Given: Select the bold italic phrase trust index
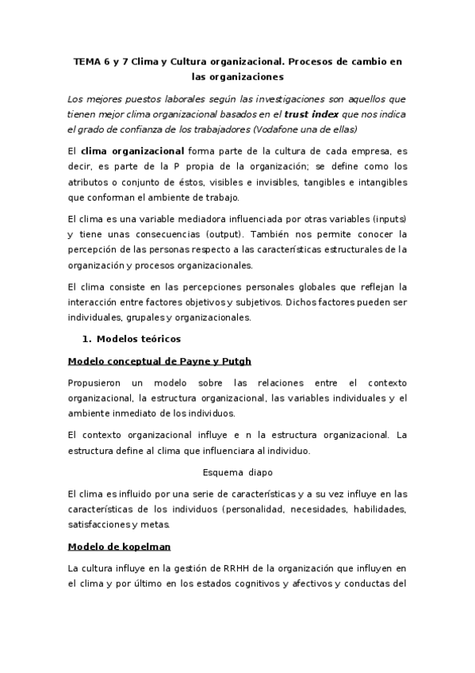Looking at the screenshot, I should coord(312,114).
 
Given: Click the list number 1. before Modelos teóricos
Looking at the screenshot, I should coord(86,340).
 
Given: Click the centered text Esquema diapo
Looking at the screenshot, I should coord(236,471).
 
